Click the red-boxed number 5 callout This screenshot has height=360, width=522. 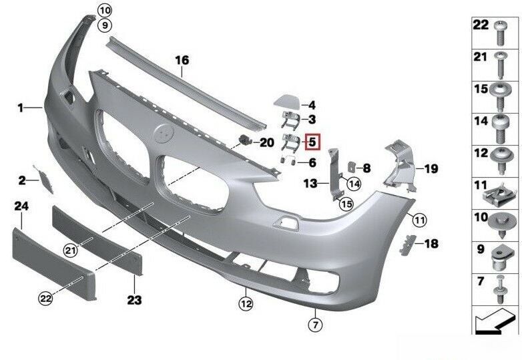coord(312,142)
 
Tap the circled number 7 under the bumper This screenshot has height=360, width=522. coord(315,325)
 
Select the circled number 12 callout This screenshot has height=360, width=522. coord(246,304)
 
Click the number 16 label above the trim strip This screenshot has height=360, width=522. coord(182,61)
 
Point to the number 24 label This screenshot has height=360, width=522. coord(21,207)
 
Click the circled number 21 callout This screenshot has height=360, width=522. coord(71,250)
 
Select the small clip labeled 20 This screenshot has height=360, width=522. coord(245,140)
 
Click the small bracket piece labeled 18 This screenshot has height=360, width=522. coord(407,245)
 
